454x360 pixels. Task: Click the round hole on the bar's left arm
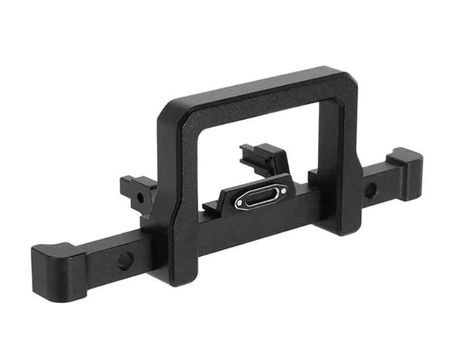click(x=124, y=260)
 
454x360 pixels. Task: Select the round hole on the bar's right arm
click(x=369, y=190)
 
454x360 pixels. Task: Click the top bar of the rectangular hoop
click(x=255, y=91)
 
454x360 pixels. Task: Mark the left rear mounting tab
click(x=136, y=190)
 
